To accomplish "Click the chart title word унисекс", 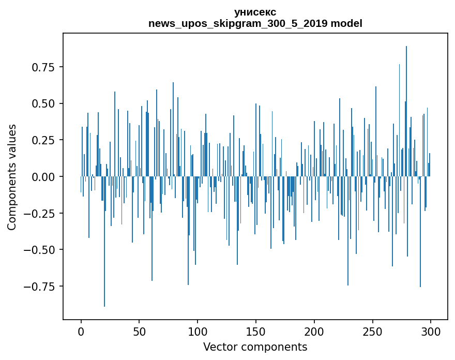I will click(255, 12).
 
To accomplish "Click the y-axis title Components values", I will click(12, 177).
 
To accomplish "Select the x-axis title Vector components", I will click(255, 347).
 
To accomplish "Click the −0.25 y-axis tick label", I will click(40, 213).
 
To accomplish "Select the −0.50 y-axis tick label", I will click(40, 250).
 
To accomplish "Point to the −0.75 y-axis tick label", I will click(40, 286).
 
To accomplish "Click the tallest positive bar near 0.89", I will click(406, 103).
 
